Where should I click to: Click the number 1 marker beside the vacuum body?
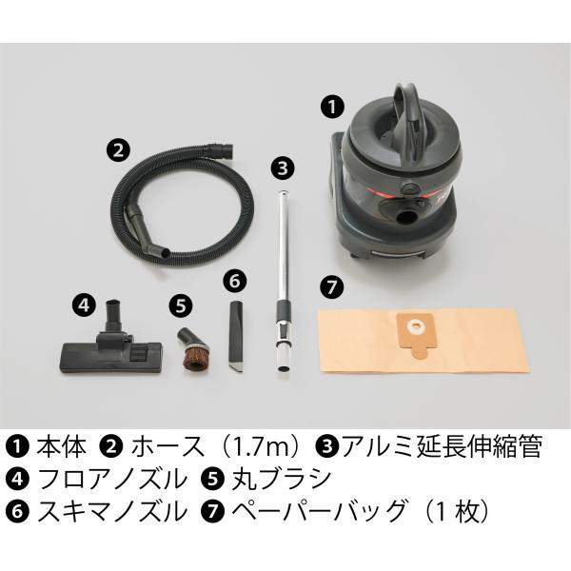pyautogui.click(x=332, y=107)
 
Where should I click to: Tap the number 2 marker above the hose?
pyautogui.click(x=118, y=150)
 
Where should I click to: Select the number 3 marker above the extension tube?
pyautogui.click(x=283, y=168)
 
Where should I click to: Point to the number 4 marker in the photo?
pyautogui.click(x=84, y=305)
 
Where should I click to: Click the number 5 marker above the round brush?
pyautogui.click(x=181, y=305)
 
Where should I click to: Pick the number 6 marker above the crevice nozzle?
pyautogui.click(x=235, y=282)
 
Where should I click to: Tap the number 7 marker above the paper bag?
pyautogui.click(x=332, y=287)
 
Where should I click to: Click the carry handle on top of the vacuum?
pyautogui.click(x=407, y=115)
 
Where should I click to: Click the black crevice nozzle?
pyautogui.click(x=235, y=336)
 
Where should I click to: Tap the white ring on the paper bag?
pyautogui.click(x=414, y=326)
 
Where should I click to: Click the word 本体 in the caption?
pyautogui.click(x=61, y=447)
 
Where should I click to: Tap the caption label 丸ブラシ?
pyautogui.click(x=281, y=479)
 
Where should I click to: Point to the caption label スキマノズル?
pyautogui.click(x=111, y=511)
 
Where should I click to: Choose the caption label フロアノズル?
pyautogui.click(x=111, y=479)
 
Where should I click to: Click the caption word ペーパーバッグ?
pyautogui.click(x=319, y=511)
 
